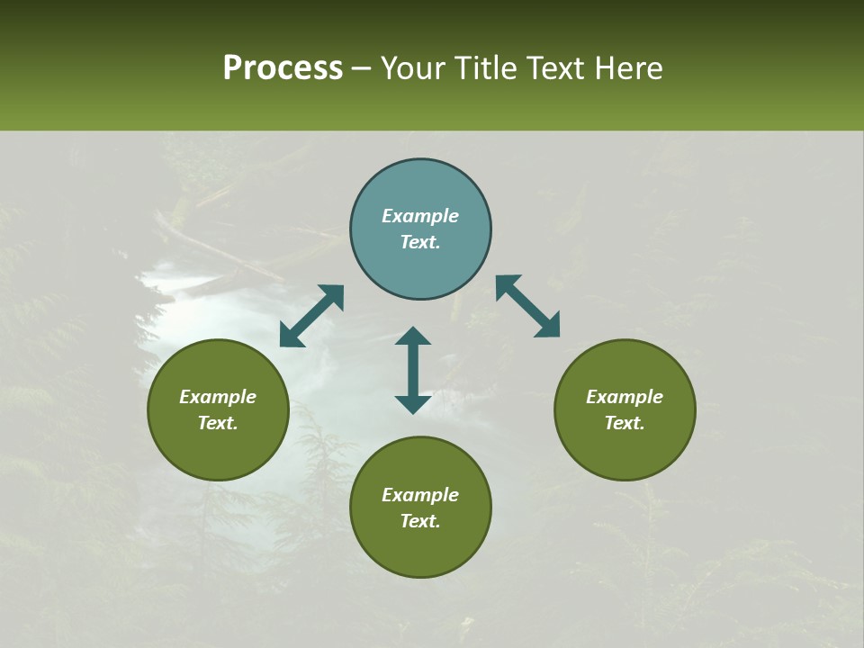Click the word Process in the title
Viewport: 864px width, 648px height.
click(283, 67)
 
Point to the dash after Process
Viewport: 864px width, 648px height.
click(362, 68)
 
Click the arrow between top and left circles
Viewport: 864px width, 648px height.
click(311, 316)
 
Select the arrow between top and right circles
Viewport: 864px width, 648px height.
click(527, 306)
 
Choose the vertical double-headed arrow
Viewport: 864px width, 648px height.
click(413, 370)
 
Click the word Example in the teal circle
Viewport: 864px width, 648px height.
click(420, 216)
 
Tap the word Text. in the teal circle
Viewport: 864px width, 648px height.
click(420, 242)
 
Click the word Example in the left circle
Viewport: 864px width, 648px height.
click(218, 397)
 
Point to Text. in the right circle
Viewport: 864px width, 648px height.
click(625, 423)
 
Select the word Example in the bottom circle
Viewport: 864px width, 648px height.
click(420, 495)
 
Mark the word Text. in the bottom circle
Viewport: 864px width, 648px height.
click(420, 521)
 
